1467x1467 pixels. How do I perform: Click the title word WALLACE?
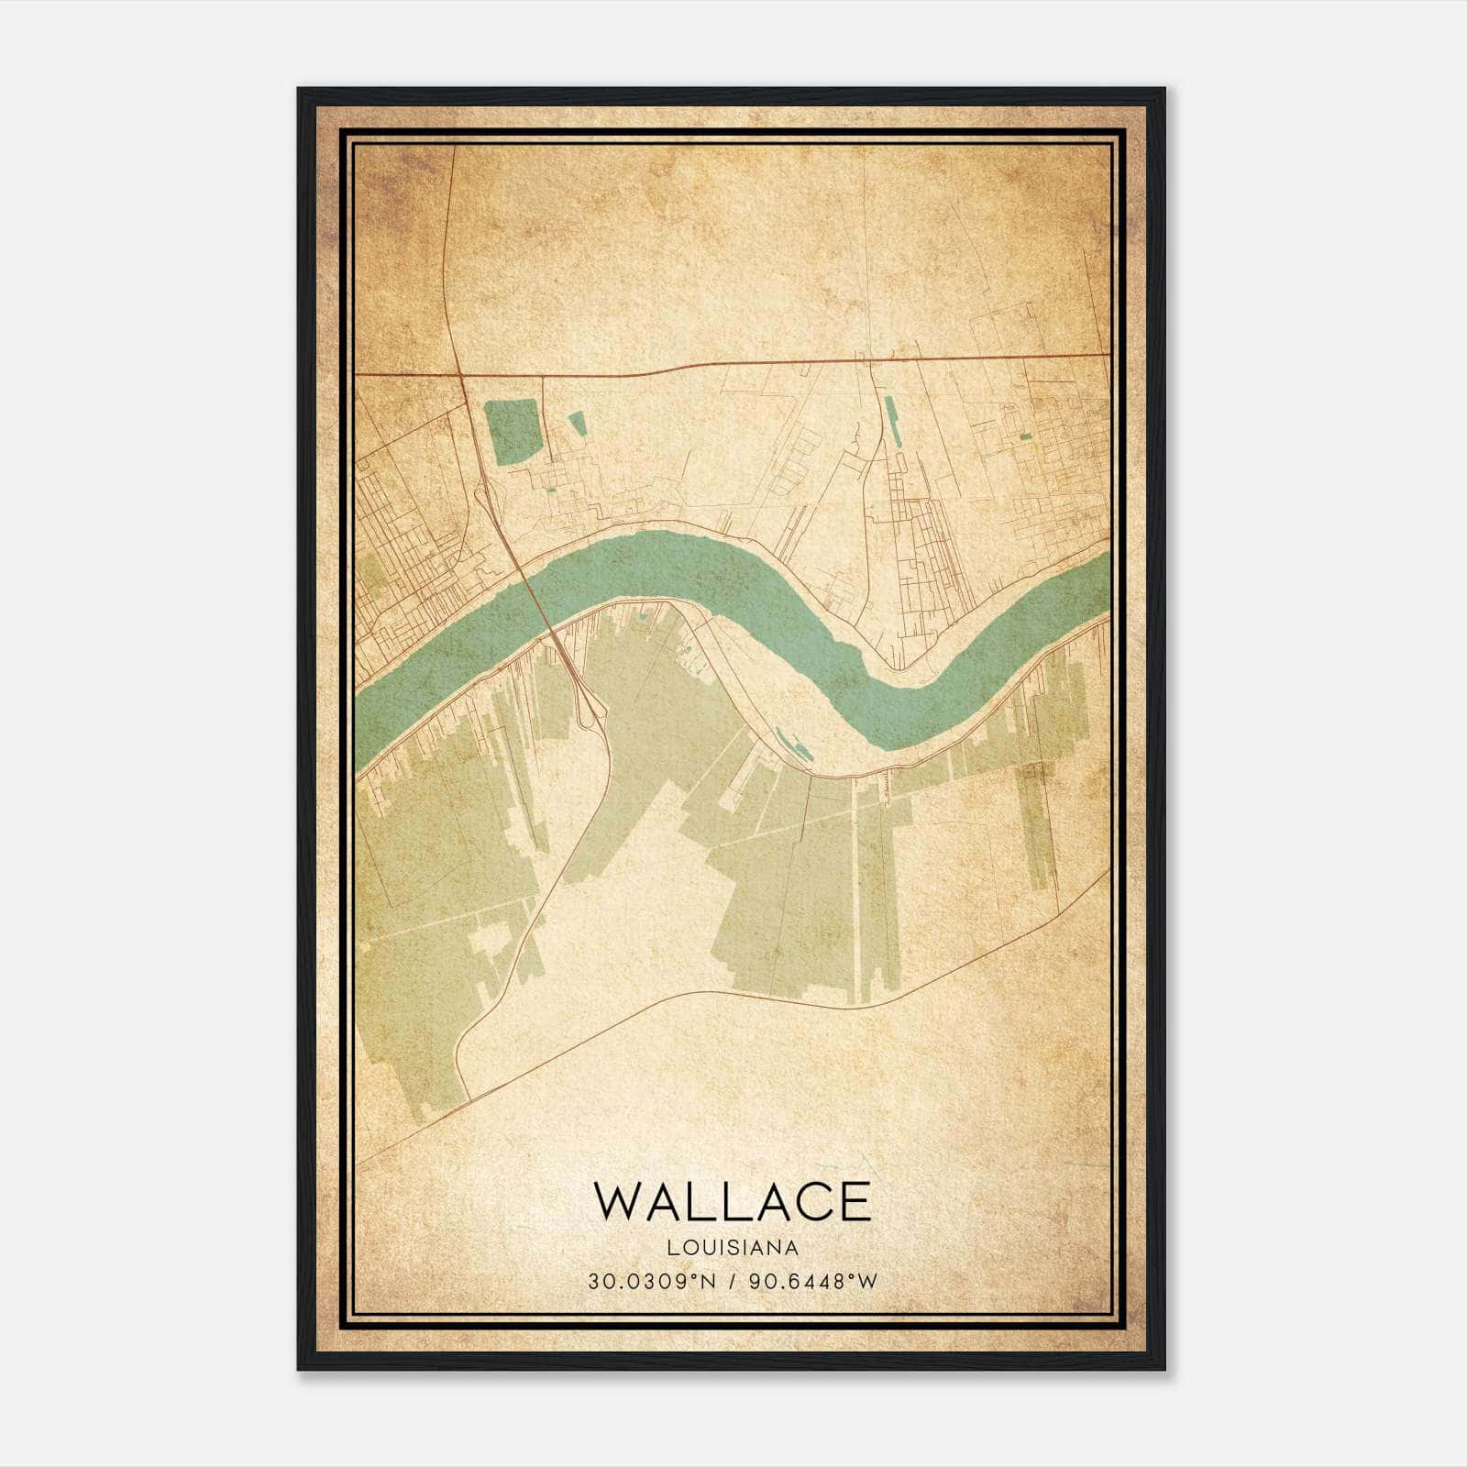(733, 1201)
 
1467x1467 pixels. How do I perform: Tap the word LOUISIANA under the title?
(733, 1248)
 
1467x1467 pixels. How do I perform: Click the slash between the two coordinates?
(732, 1281)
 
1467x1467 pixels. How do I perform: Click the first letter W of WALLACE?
(618, 1201)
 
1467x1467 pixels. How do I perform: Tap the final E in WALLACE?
(855, 1201)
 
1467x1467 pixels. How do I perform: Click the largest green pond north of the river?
(513, 432)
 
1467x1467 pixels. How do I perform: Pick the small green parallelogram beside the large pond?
(577, 423)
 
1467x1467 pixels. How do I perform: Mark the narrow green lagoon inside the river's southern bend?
(793, 744)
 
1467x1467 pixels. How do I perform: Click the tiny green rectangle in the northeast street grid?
(1024, 437)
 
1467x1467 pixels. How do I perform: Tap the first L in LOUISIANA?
(673, 1248)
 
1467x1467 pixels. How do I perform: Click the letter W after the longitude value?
(869, 1281)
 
